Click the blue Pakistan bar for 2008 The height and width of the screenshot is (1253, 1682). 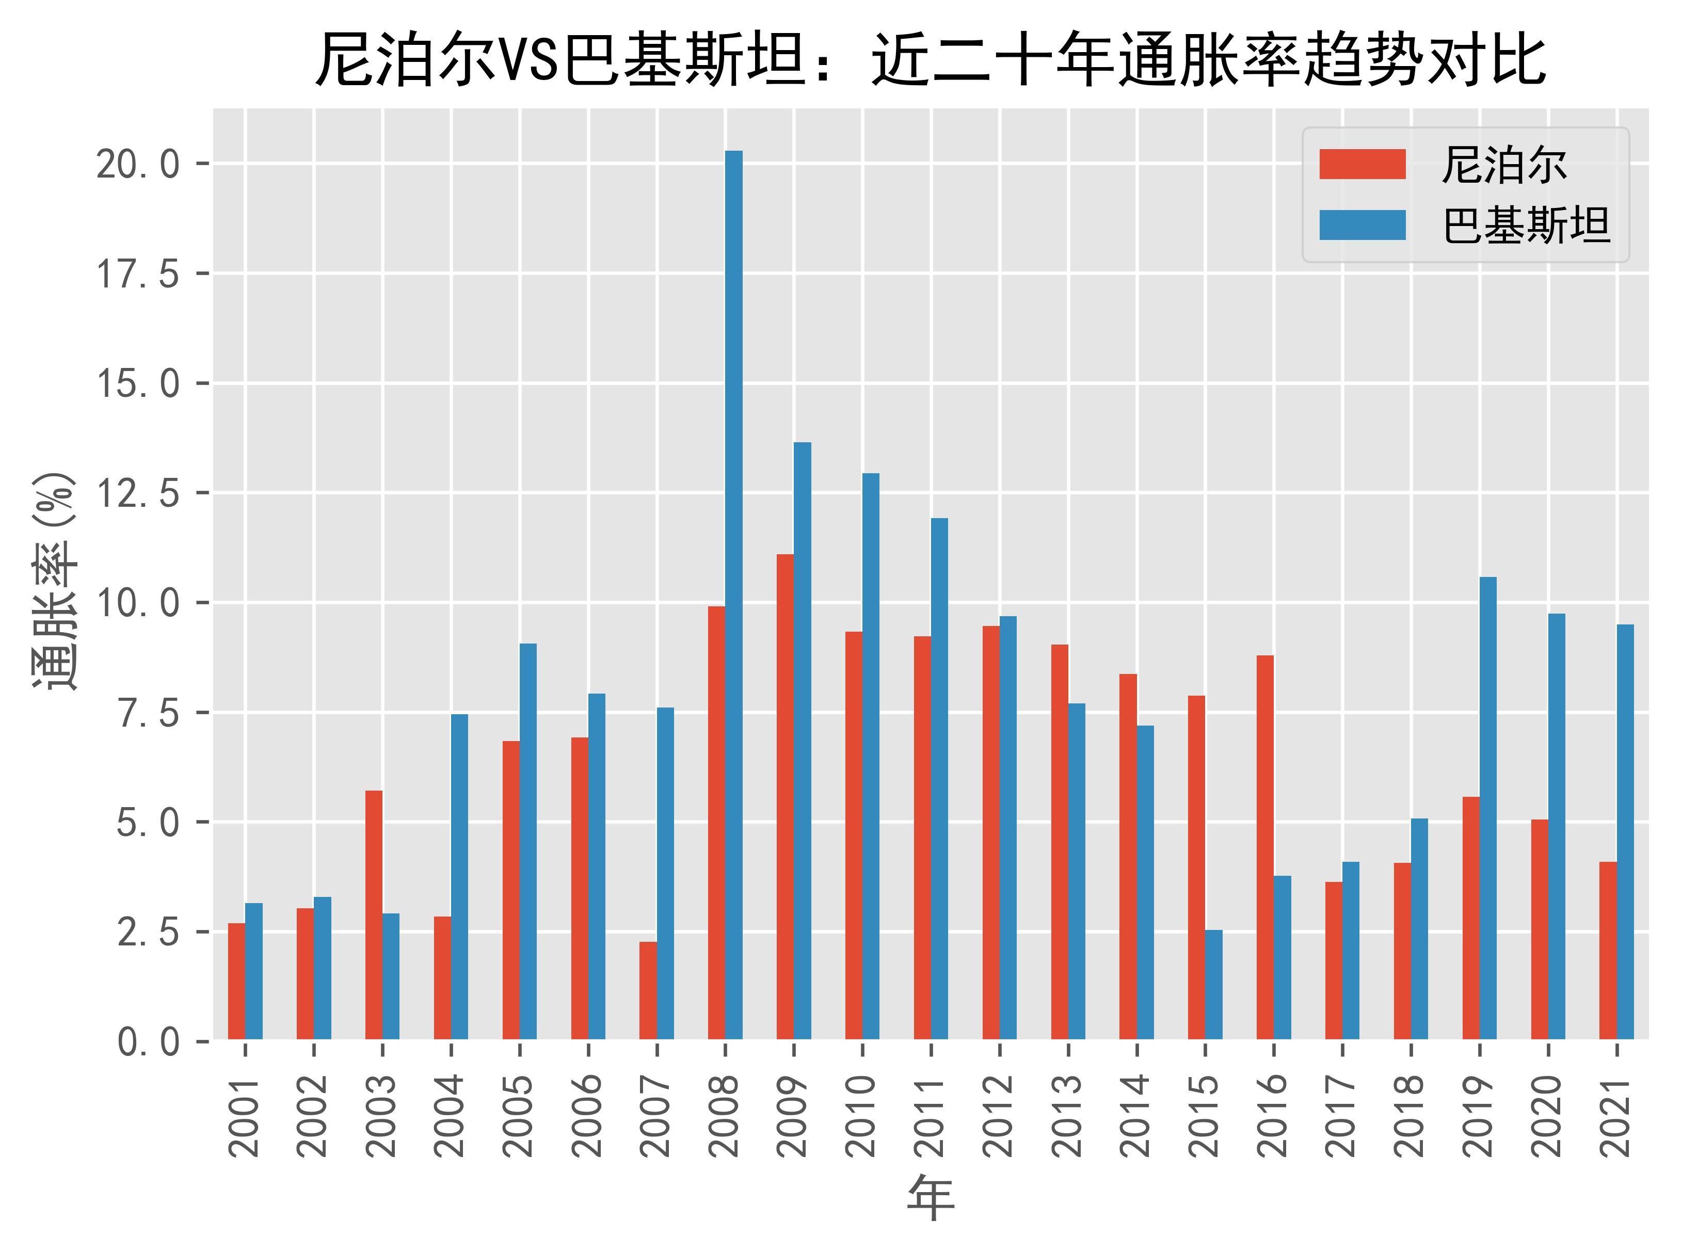[x=733, y=596]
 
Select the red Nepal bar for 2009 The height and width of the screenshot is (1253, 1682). [x=785, y=796]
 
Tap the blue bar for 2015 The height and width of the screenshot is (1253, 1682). [x=1213, y=985]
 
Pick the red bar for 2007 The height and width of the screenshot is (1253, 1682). [x=648, y=990]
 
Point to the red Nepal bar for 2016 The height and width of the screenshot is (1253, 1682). [x=1265, y=847]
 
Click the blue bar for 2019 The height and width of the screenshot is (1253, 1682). [x=1488, y=808]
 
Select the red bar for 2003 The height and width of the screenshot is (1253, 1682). [x=374, y=914]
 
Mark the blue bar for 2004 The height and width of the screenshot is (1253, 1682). [x=459, y=877]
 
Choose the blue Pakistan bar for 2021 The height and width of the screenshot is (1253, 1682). [x=1625, y=832]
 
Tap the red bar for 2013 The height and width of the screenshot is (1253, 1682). [x=1060, y=842]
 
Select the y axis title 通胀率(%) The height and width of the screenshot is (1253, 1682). [x=55, y=581]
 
